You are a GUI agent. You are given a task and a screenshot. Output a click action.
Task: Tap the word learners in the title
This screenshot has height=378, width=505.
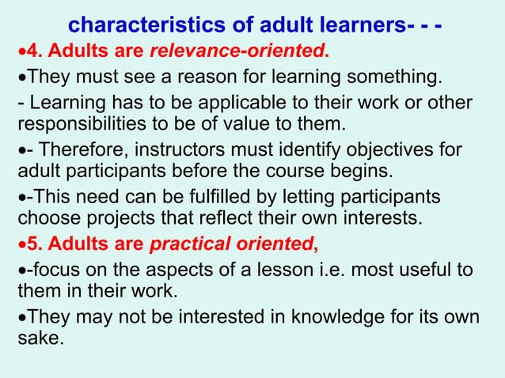point(355,26)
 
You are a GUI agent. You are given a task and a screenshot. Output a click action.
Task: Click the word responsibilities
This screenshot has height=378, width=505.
point(89,124)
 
